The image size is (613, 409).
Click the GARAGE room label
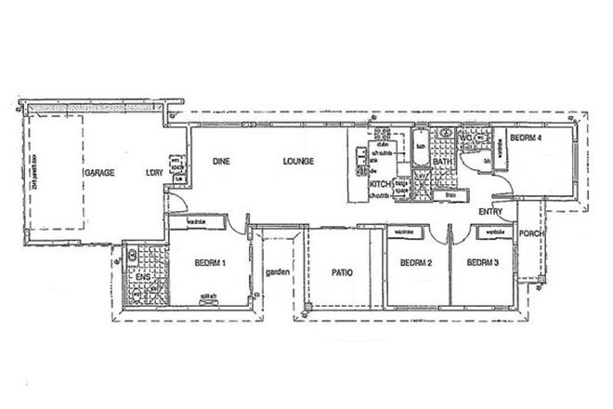(x=98, y=175)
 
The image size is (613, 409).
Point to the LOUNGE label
(x=298, y=161)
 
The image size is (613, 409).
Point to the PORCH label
(x=530, y=233)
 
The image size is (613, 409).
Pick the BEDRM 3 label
(x=483, y=263)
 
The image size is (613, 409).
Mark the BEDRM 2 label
(x=417, y=263)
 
